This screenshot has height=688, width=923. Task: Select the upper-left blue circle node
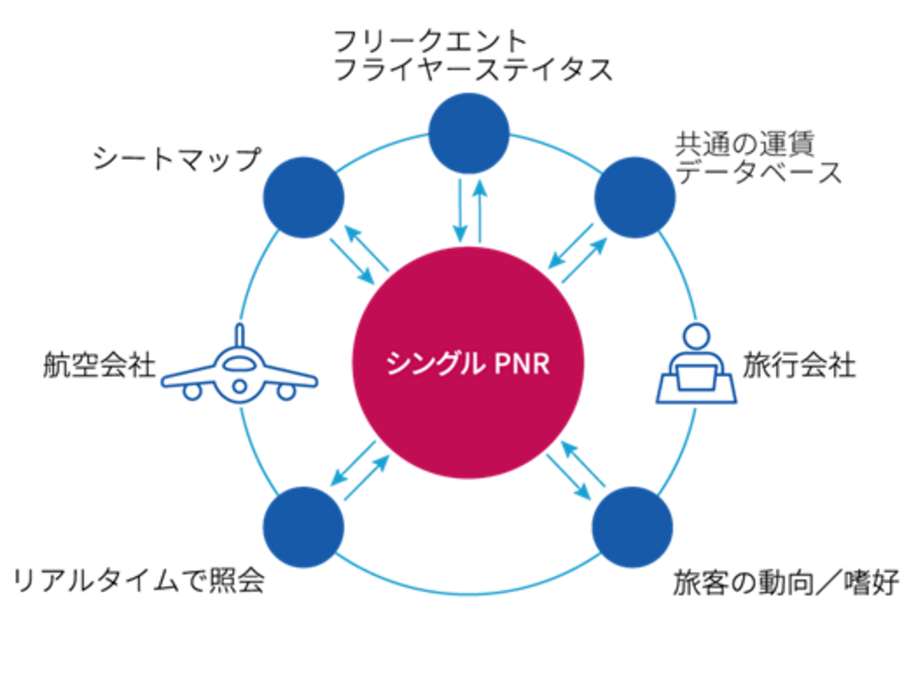(304, 198)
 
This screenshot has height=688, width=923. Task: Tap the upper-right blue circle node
(635, 197)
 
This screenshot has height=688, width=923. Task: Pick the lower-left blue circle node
(303, 527)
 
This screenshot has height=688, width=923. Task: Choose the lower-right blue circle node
(633, 527)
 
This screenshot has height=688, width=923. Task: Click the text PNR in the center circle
(522, 364)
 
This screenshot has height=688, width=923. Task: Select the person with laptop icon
(697, 364)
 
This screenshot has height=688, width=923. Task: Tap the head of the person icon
(696, 337)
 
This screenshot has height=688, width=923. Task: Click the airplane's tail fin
(240, 334)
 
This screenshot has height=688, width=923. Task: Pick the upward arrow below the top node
(481, 210)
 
